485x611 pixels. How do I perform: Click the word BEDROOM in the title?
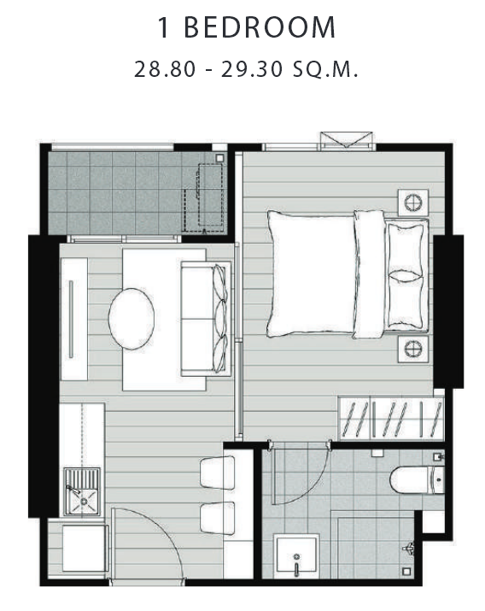tap(260, 27)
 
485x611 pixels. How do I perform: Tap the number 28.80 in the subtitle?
tap(165, 70)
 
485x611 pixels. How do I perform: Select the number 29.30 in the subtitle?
tap(252, 70)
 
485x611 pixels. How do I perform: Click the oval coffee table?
tap(131, 319)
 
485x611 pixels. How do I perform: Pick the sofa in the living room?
tap(206, 319)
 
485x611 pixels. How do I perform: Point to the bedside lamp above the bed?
tap(413, 203)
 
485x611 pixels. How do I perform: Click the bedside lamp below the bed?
tap(413, 349)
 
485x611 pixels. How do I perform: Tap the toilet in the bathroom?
tap(417, 479)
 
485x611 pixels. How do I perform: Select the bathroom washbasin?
tap(296, 556)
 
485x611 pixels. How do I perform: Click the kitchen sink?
tap(82, 491)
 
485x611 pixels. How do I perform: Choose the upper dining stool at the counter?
tap(217, 473)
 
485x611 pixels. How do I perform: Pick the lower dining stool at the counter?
tap(217, 518)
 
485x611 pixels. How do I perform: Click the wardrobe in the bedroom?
tap(391, 418)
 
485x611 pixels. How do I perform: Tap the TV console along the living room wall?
tap(74, 319)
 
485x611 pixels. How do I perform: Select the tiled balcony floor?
tap(137, 193)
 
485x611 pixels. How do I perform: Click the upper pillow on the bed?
tap(405, 248)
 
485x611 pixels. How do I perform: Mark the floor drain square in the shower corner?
tap(406, 571)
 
